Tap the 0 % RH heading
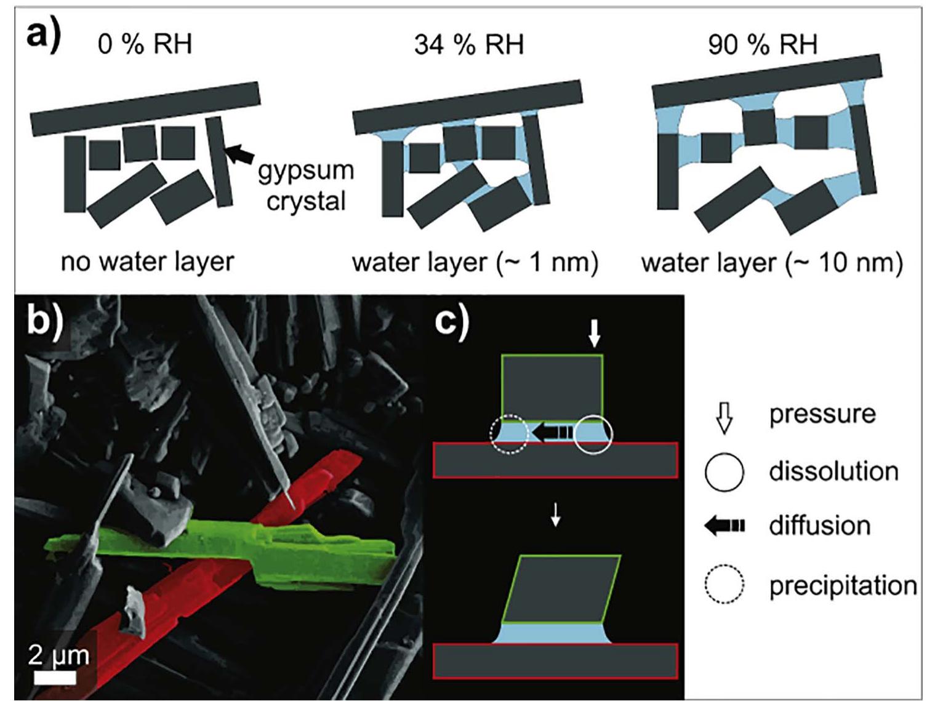pyautogui.click(x=145, y=44)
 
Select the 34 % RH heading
pyautogui.click(x=468, y=45)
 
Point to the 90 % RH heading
pyautogui.click(x=763, y=44)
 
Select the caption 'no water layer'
pyautogui.click(x=147, y=262)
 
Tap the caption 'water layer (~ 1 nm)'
pyautogui.click(x=475, y=263)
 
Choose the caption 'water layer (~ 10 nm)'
pyautogui.click(x=772, y=263)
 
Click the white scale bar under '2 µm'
pyautogui.click(x=55, y=678)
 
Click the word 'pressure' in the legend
pyautogui.click(x=822, y=414)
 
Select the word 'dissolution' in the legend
pyautogui.click(x=833, y=471)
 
